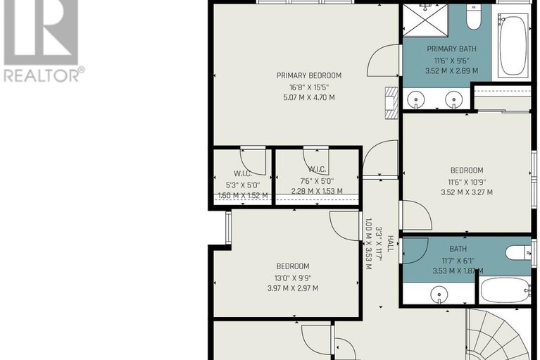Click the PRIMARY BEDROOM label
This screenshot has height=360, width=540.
309,75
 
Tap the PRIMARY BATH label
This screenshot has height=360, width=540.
451,49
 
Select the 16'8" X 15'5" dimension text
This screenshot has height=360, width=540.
309,87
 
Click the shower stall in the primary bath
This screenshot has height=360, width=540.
426,20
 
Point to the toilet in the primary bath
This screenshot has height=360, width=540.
474,15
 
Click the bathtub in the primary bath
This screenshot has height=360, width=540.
513,44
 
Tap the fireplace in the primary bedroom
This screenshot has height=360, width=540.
391,103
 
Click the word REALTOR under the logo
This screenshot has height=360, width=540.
42,75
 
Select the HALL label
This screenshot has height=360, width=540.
391,244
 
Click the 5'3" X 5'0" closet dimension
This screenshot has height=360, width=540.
243,185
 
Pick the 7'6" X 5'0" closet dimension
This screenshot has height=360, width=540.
317,181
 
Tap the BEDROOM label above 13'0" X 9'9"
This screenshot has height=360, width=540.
293,266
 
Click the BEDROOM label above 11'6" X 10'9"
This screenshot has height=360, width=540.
467,170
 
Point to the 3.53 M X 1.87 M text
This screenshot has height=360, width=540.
458,271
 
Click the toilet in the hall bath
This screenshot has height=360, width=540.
518,252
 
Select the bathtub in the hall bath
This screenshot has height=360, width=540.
506,290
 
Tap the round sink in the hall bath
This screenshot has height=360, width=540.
439,294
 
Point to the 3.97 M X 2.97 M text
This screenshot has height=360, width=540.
293,288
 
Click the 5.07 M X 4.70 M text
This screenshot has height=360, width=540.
309,97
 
